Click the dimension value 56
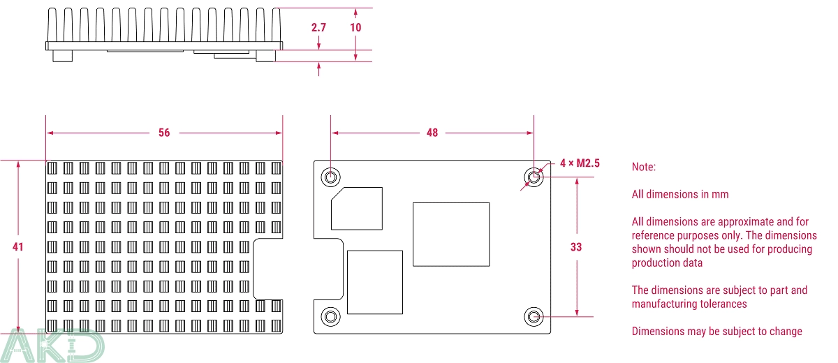pos(164,133)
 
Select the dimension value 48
pos(432,133)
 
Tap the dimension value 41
pos(18,246)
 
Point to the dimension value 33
pos(575,246)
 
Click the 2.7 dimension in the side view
pos(318,28)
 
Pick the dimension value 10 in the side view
pos(355,28)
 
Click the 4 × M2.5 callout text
pos(579,163)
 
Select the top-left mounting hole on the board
pos(331,177)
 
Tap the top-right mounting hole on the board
pos(534,177)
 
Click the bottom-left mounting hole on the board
pos(331,317)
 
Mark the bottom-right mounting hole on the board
pos(534,317)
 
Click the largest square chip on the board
pos(450,234)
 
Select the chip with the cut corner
pos(357,208)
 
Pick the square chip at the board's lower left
pos(375,282)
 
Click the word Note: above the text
pos(643,168)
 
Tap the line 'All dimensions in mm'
pos(679,195)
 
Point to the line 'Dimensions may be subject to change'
pos(716,332)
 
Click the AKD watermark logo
pos(52,346)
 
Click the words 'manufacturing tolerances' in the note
pos(689,304)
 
